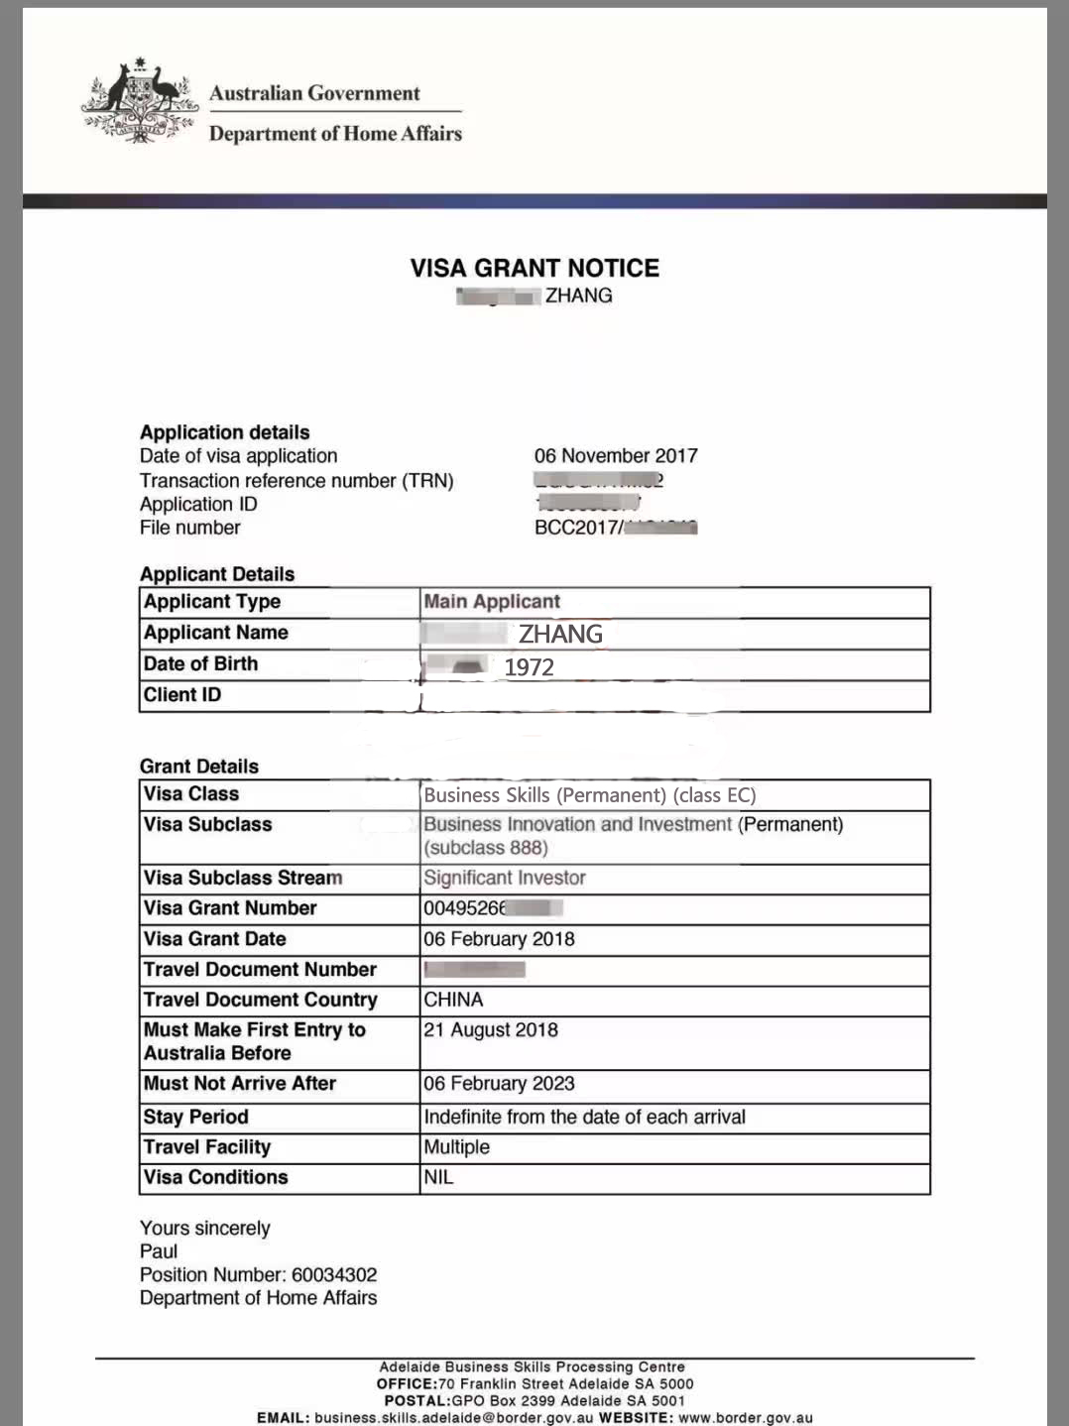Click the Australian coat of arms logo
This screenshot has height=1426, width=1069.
tap(140, 101)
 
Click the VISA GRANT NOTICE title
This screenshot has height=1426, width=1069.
tap(534, 268)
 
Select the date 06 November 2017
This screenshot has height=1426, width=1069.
tap(616, 456)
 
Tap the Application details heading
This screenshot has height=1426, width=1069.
tap(224, 432)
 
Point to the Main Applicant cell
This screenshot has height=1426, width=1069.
tap(492, 602)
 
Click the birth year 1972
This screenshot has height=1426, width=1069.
tap(529, 667)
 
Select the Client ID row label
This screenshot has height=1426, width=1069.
tap(182, 695)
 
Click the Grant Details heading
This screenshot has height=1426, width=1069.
tap(198, 767)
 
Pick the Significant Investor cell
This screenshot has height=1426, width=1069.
tap(505, 878)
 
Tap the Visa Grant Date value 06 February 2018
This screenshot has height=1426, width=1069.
tap(499, 939)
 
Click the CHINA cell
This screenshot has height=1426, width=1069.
tap(453, 1000)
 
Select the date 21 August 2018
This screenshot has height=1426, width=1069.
tap(491, 1030)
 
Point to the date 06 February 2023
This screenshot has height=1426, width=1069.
tap(499, 1084)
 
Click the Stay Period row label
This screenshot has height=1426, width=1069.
tap(195, 1117)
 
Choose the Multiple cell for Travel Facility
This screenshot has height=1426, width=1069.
tap(457, 1147)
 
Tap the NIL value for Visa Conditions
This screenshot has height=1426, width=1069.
tap(438, 1177)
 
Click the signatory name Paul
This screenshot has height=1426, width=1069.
tap(159, 1251)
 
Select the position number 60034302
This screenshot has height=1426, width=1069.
tap(334, 1275)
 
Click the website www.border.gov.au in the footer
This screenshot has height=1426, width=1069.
tap(746, 1418)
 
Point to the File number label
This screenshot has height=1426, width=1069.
tap(189, 528)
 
